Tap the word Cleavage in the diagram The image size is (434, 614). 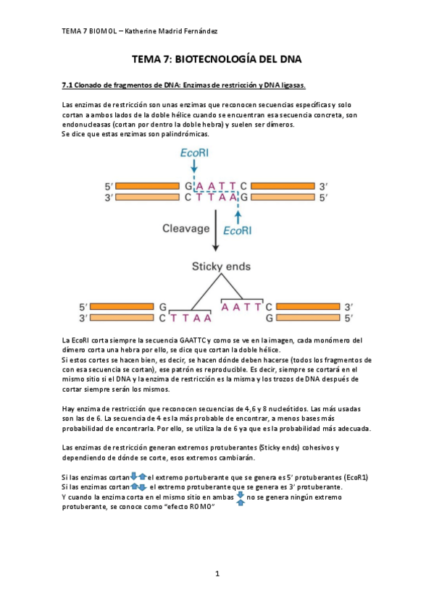(x=184, y=228)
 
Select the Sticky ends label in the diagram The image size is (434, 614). (x=216, y=266)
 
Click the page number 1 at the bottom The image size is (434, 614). (x=217, y=573)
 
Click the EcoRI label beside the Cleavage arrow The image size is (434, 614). (x=238, y=231)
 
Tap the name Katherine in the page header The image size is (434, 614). (x=143, y=31)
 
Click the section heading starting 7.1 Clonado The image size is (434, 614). (x=184, y=85)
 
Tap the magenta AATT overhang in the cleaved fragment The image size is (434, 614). (x=241, y=307)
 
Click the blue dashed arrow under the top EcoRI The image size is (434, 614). (x=195, y=172)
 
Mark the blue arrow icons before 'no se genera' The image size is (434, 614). (x=240, y=498)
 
